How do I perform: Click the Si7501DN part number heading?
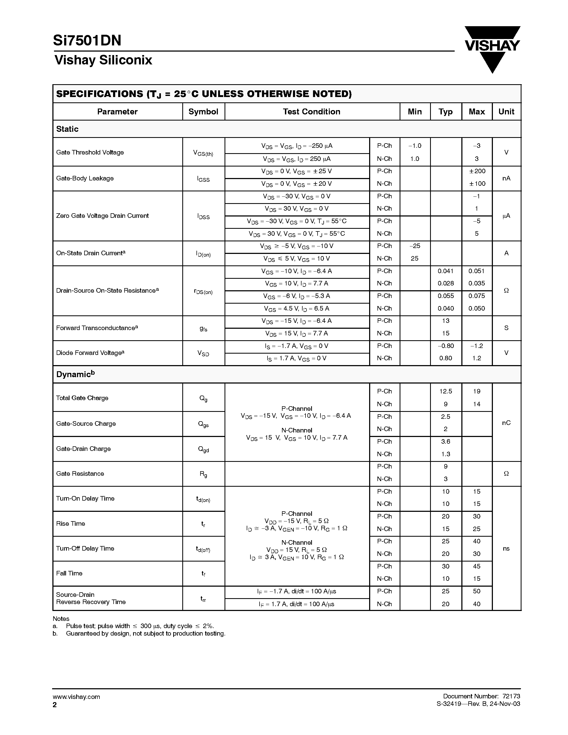[87, 41]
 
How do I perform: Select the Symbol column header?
[203, 112]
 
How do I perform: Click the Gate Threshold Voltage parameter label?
[90, 152]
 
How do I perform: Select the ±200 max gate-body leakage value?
[477, 171]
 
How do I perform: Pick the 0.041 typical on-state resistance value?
[446, 271]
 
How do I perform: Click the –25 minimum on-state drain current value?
[415, 246]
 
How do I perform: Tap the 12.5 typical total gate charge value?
[446, 391]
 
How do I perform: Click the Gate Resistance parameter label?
[80, 474]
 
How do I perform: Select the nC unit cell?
[506, 423]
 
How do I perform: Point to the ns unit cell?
[506, 548]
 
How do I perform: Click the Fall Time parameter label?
[69, 574]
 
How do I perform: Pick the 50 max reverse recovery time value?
[477, 591]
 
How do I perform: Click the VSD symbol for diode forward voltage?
[203, 353]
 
